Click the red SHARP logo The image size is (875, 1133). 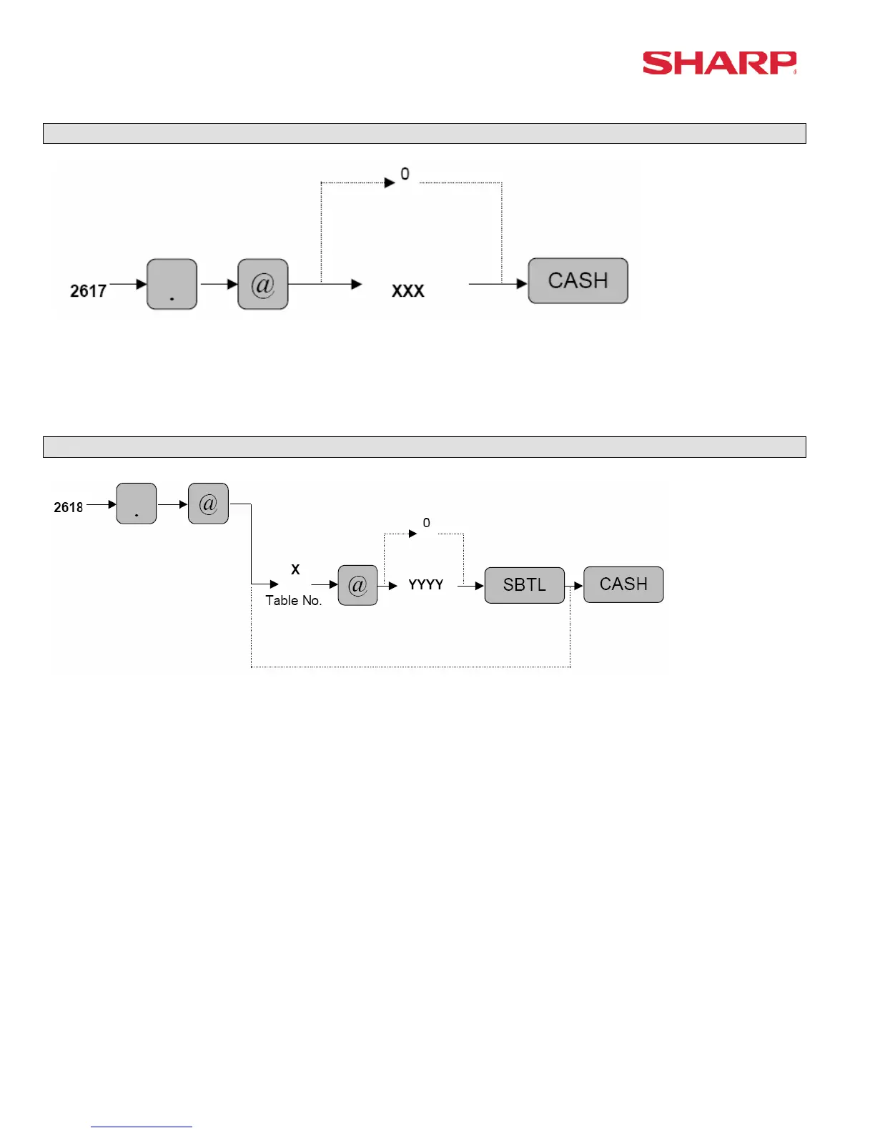(x=719, y=63)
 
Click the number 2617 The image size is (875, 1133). (x=88, y=291)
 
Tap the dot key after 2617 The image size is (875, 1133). (x=172, y=284)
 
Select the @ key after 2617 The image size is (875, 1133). (x=262, y=284)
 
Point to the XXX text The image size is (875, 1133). (x=408, y=291)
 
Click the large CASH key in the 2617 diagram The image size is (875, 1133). (x=578, y=280)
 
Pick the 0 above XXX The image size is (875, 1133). (x=405, y=174)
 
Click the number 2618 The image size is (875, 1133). (x=69, y=507)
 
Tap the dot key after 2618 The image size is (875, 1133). (x=136, y=504)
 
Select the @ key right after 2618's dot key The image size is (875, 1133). (x=208, y=504)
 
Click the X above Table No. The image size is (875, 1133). (x=295, y=569)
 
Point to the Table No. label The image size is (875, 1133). (x=294, y=600)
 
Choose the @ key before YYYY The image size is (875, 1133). (x=357, y=585)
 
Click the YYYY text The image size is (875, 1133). (x=426, y=584)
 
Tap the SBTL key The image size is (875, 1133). (x=524, y=585)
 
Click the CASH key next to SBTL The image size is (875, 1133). (x=623, y=584)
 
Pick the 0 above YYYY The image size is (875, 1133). (x=427, y=523)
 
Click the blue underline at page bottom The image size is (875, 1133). (x=142, y=1127)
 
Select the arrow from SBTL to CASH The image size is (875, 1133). (x=575, y=586)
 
